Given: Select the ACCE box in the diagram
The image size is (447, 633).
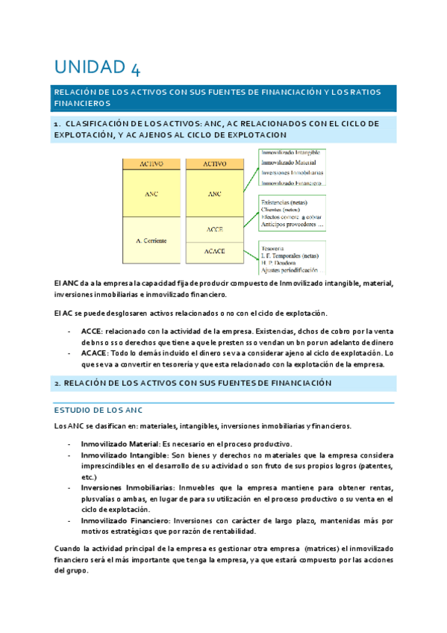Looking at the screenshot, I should [x=215, y=229].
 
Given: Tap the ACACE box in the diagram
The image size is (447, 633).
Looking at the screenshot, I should [x=215, y=252].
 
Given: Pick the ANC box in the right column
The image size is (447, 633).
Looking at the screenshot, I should [x=215, y=193].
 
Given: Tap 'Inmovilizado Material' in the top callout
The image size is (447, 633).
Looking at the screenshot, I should [x=288, y=163].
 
